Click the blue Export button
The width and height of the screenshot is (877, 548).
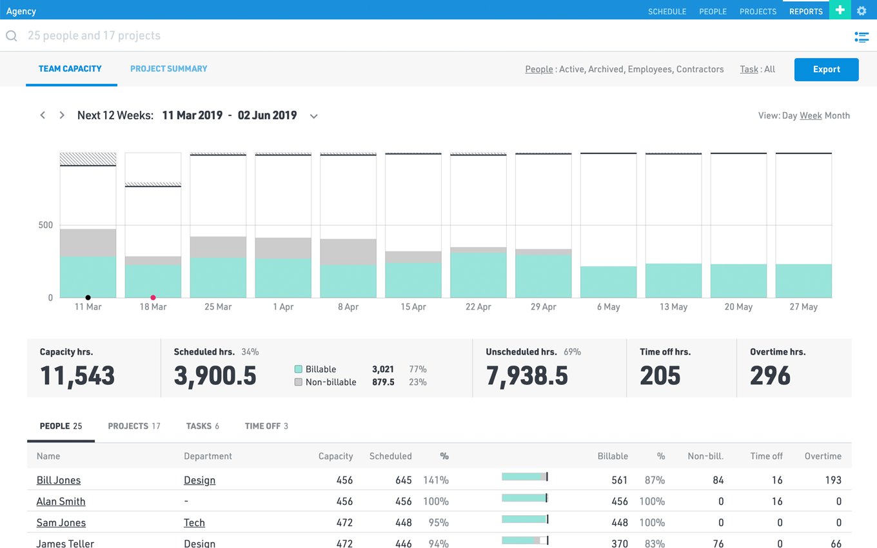[x=826, y=70]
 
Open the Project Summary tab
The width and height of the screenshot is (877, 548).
[x=168, y=69]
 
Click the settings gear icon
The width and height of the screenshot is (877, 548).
[x=862, y=11]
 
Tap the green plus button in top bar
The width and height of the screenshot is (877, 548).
[x=840, y=10]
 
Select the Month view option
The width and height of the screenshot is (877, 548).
[x=837, y=115]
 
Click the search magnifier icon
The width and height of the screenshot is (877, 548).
[x=12, y=36]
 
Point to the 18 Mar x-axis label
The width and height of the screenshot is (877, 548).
[x=153, y=307]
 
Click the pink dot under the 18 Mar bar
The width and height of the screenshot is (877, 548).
[x=153, y=298]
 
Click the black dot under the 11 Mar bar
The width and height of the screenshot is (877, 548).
[x=88, y=298]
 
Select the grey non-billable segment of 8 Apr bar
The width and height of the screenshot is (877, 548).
[x=348, y=252]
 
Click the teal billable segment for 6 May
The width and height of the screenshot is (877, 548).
[x=608, y=282]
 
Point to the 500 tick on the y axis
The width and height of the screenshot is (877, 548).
[x=45, y=225]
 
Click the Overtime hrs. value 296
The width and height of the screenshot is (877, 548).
[x=770, y=376]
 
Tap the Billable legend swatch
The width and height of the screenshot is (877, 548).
[x=299, y=369]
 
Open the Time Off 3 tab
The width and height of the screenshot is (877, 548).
[x=266, y=426]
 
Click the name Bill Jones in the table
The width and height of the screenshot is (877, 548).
[x=59, y=480]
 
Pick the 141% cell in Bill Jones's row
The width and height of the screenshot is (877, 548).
[x=436, y=480]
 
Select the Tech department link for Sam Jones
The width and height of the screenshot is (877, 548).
[x=194, y=523]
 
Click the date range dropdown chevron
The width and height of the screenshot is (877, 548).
[x=314, y=116]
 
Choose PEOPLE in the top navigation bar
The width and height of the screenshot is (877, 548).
[x=713, y=12]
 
